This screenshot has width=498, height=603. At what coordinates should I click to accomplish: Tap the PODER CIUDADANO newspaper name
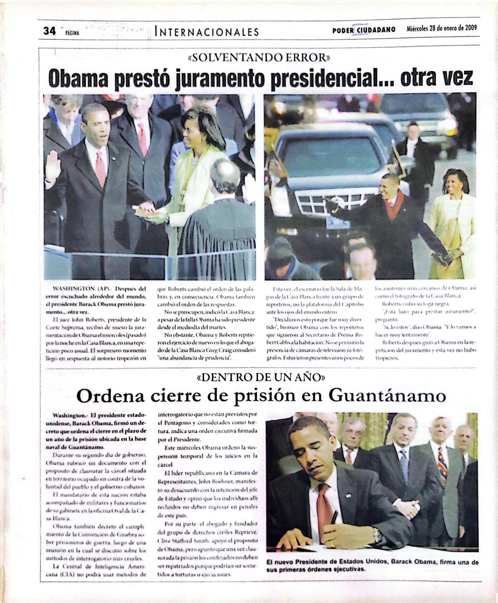[364, 30]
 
